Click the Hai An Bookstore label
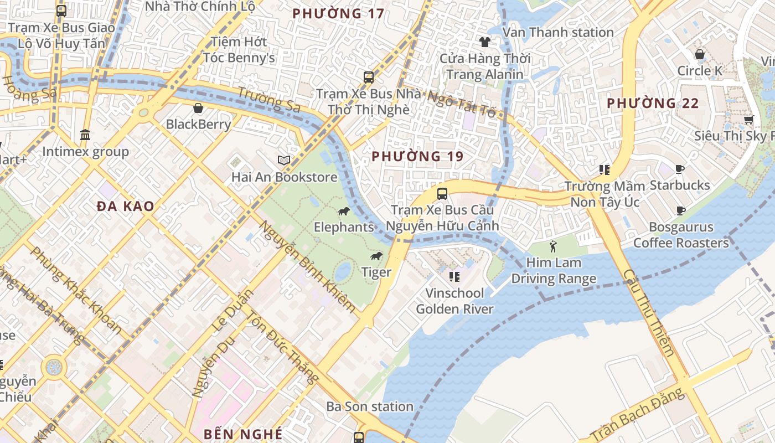pos(284,177)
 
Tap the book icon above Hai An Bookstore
pos(284,161)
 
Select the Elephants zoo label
pos(344,227)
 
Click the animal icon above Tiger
pos(376,256)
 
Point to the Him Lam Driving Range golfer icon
pos(553,246)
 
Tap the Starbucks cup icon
pos(680,169)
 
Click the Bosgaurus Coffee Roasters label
pos(681,235)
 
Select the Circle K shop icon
pos(700,54)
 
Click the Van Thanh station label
pos(557,33)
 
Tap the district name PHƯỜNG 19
pos(417,157)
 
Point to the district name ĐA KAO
pos(125,207)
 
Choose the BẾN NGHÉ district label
pos(243,434)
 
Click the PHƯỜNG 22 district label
pos(653,103)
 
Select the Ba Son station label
pos(370,406)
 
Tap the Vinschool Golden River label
pos(454,301)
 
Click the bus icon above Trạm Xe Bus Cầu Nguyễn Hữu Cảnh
pos(442,194)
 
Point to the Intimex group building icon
pos(85,135)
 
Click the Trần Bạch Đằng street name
pos(637,415)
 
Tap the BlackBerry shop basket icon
pos(198,108)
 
